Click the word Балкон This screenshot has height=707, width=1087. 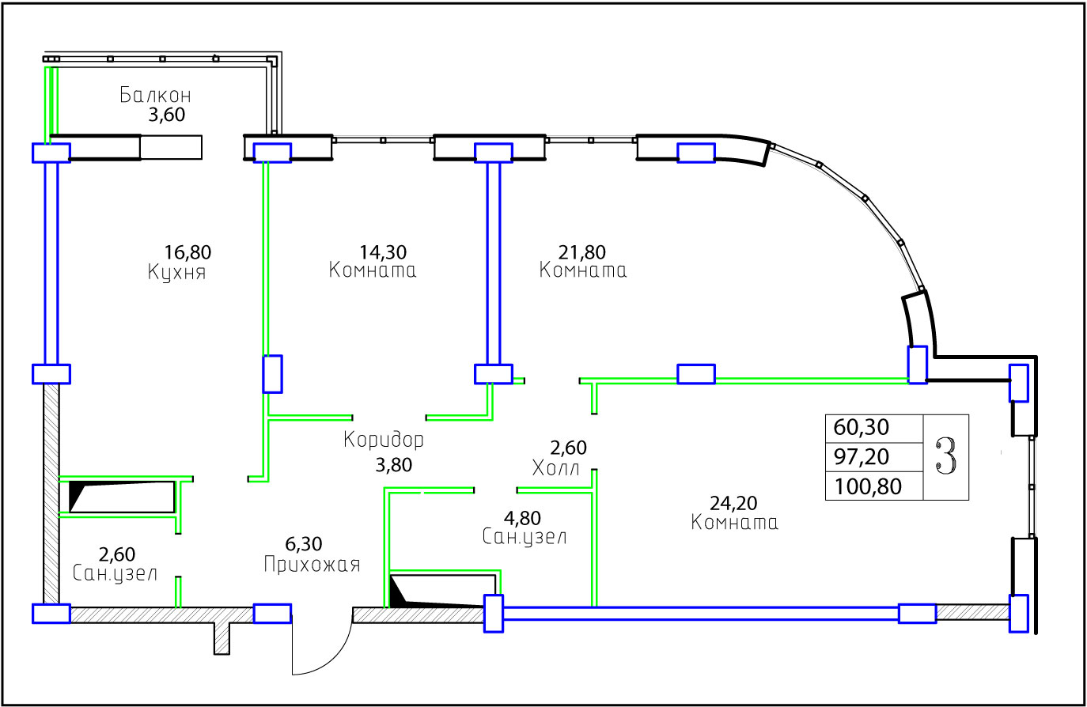(155, 95)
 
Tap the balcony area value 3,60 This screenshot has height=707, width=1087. (166, 115)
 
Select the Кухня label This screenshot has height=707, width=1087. (176, 273)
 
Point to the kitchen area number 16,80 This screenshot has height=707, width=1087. (187, 252)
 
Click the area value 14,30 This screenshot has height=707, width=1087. (383, 252)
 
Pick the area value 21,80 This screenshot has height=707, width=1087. (581, 252)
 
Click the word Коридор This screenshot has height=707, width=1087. (384, 440)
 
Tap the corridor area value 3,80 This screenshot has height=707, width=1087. (393, 465)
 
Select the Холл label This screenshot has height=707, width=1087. (555, 469)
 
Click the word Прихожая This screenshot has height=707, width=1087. (312, 565)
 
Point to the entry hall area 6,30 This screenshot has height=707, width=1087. (304, 544)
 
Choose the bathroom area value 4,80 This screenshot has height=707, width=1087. (522, 518)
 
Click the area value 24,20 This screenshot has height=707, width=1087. (733, 504)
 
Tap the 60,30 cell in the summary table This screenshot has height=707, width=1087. (861, 428)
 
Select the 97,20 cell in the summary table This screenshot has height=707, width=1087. (861, 456)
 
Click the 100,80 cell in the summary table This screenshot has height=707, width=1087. (868, 486)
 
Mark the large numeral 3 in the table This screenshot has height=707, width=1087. (946, 456)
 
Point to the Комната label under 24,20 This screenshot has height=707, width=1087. (734, 523)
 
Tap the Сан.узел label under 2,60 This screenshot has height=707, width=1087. (115, 573)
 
